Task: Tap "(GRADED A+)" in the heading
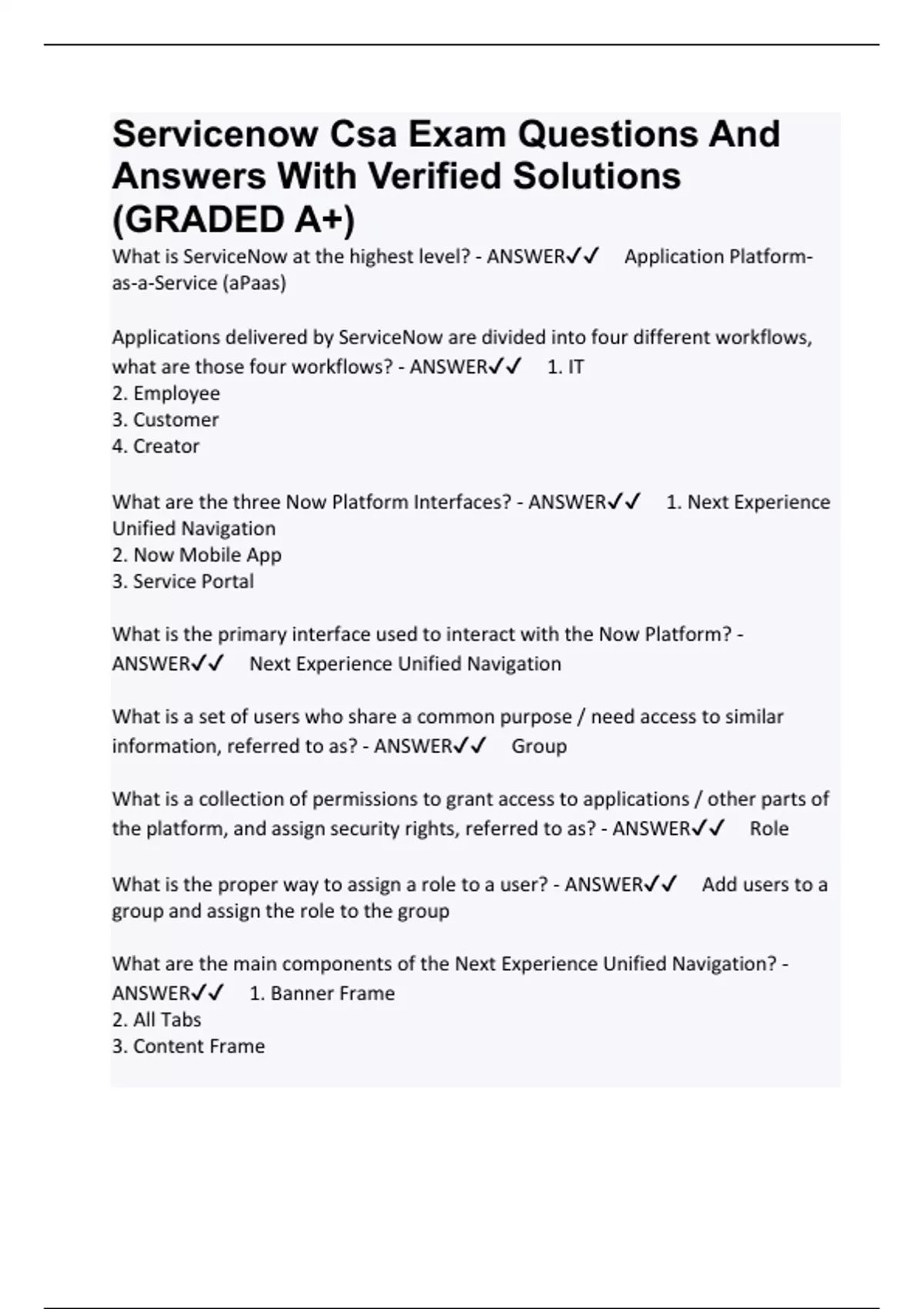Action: point(233,220)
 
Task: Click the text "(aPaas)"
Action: point(254,283)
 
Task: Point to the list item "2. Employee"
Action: point(166,393)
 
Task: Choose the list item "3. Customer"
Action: point(165,420)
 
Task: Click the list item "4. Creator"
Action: point(156,447)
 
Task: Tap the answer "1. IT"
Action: point(565,367)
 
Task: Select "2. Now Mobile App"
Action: point(196,555)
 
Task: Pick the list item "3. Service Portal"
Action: point(182,581)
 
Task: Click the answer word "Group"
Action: point(539,746)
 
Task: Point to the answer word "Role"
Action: point(768,829)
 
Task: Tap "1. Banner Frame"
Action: point(322,993)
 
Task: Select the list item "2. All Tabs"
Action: point(156,1020)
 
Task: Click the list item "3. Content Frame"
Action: point(188,1046)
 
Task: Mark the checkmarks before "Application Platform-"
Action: point(582,256)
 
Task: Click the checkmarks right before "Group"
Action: point(470,746)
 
